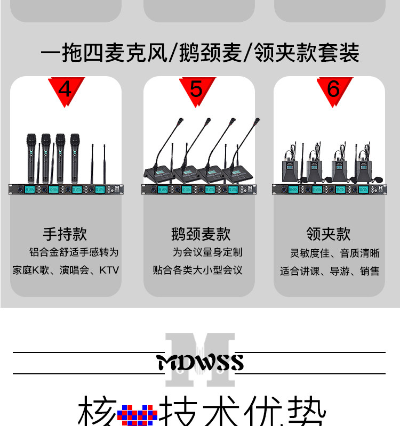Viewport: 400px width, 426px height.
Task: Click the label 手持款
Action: (65, 234)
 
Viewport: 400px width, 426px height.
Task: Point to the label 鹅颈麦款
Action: (201, 234)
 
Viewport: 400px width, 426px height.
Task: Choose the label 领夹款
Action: (329, 234)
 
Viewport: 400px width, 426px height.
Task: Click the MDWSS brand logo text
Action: (200, 363)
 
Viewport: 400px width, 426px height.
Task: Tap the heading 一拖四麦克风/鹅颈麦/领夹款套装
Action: (200, 53)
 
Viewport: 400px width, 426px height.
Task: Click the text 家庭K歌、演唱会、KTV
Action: (66, 270)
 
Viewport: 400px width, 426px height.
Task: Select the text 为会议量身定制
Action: (207, 252)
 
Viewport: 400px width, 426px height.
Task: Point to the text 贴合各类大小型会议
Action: (198, 270)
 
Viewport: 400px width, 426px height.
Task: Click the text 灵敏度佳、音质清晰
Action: (335, 253)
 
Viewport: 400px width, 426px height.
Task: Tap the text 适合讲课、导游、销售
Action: (330, 271)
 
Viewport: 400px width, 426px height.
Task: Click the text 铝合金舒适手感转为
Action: (74, 252)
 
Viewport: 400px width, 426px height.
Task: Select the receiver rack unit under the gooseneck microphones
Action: (198, 189)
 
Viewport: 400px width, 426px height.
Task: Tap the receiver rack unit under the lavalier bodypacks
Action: (329, 189)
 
